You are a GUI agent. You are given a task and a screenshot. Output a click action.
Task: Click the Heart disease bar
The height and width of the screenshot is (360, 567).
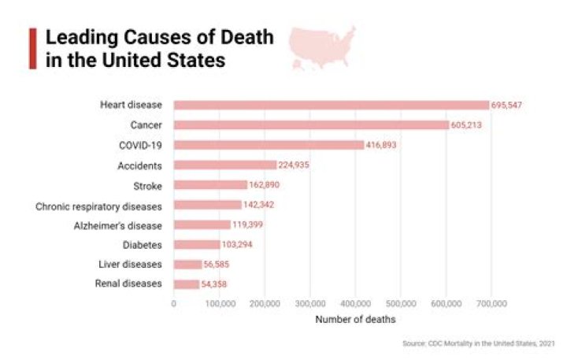pyautogui.click(x=331, y=105)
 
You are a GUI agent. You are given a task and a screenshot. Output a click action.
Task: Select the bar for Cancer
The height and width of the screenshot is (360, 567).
pyautogui.click(x=311, y=124)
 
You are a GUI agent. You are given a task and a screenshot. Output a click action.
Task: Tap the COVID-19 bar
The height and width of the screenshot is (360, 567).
pyautogui.click(x=269, y=145)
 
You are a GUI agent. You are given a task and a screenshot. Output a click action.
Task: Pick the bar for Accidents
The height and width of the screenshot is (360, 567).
pyautogui.click(x=225, y=165)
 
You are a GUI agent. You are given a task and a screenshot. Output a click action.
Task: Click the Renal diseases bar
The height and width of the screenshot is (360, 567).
pyautogui.click(x=187, y=284)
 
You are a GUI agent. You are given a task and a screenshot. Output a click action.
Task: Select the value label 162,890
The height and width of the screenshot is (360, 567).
pyautogui.click(x=264, y=185)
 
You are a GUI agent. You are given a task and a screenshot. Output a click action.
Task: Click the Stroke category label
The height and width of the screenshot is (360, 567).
pyautogui.click(x=148, y=185)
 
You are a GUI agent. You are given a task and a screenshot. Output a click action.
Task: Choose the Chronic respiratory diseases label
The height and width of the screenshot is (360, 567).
pyautogui.click(x=99, y=206)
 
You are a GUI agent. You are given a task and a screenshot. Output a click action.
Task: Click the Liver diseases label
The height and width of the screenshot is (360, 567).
pyautogui.click(x=132, y=264)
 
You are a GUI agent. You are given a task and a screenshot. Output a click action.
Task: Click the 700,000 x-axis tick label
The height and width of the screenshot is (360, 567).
pyautogui.click(x=491, y=303)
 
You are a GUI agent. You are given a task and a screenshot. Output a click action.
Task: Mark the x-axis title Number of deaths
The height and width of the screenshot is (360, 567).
pyautogui.click(x=355, y=319)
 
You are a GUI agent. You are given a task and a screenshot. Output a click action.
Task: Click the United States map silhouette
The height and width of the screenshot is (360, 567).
pyautogui.click(x=321, y=46)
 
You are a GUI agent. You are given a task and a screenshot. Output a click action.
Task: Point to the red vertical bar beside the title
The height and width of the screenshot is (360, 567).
pyautogui.click(x=32, y=49)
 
